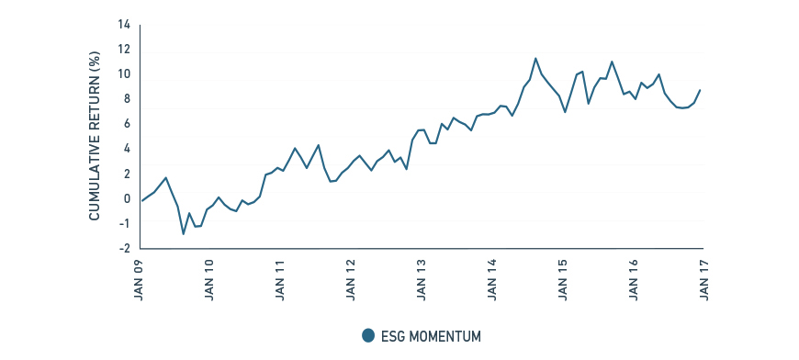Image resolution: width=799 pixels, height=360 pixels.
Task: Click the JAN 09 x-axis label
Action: [141, 276]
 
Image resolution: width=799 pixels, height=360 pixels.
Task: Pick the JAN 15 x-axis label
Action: [562, 276]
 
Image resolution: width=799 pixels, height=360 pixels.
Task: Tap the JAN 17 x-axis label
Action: [703, 276]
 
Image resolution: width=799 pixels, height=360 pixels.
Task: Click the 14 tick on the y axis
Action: [124, 24]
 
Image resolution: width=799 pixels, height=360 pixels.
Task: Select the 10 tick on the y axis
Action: [124, 74]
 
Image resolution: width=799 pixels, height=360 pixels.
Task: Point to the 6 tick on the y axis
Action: [127, 124]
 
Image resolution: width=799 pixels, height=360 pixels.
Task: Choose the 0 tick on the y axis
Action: [127, 198]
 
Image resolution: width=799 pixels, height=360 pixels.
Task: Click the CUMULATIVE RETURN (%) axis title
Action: [95, 136]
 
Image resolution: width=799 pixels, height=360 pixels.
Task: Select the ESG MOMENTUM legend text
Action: [431, 336]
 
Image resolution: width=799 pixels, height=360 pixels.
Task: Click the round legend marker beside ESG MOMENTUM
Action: [368, 335]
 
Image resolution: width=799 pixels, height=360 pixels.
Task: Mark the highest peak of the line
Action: [535, 59]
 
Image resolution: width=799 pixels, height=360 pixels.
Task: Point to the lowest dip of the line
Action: [184, 234]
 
